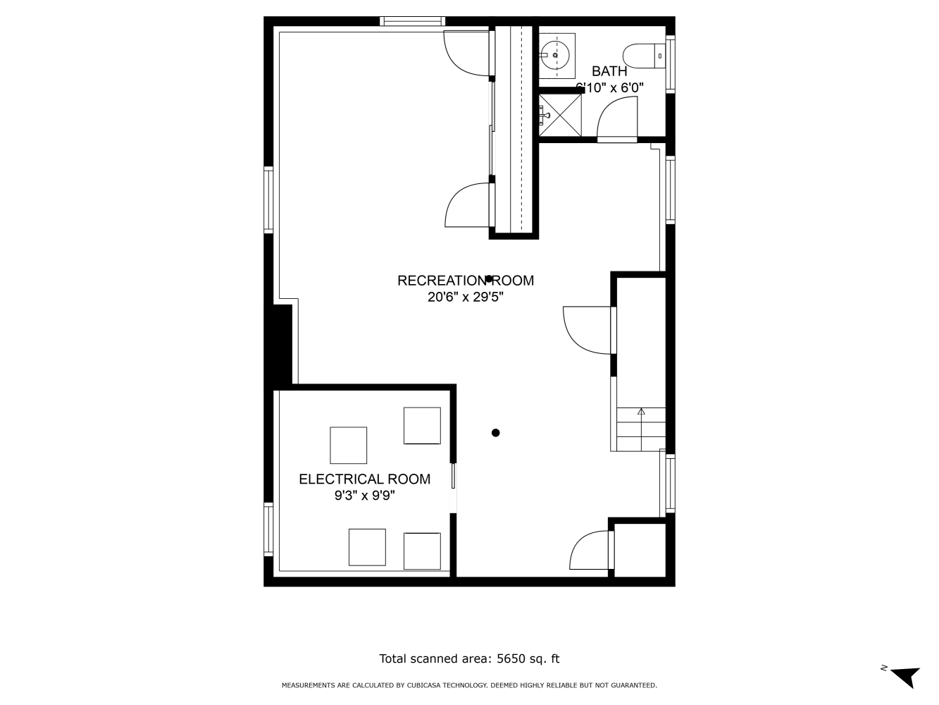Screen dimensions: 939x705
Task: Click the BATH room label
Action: [x=609, y=71]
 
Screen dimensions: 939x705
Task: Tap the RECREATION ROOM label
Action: [x=466, y=281]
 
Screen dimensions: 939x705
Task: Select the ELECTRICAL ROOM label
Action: [x=364, y=479]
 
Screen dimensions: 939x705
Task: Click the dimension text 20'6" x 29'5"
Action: [x=466, y=298]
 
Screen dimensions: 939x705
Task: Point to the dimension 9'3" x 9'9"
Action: [x=364, y=496]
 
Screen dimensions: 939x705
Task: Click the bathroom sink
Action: [x=556, y=54]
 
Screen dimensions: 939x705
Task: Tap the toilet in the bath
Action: [x=644, y=56]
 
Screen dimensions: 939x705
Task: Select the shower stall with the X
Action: [x=561, y=114]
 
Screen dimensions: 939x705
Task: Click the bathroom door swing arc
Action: [x=616, y=117]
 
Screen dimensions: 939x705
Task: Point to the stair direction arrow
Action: [x=641, y=411]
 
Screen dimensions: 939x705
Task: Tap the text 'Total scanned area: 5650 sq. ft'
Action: [x=469, y=659]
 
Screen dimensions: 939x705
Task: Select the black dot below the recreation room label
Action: [x=496, y=433]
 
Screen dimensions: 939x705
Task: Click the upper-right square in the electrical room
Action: [x=422, y=425]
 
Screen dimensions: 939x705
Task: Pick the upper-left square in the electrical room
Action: [x=348, y=445]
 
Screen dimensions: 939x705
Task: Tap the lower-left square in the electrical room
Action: [x=367, y=547]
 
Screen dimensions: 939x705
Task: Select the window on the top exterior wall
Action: [x=412, y=21]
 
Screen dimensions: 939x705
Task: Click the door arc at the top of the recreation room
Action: [x=466, y=53]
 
